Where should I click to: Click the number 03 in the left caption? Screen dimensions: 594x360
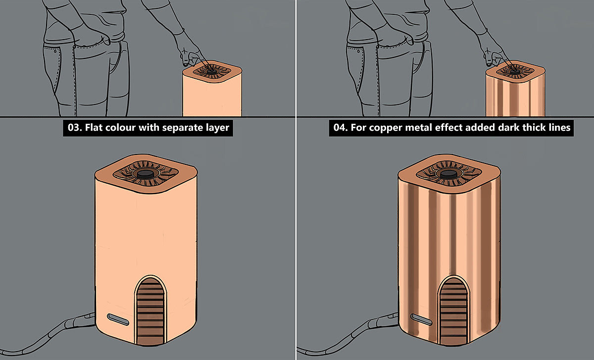(74, 128)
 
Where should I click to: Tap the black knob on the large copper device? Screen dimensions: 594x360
(448, 174)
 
